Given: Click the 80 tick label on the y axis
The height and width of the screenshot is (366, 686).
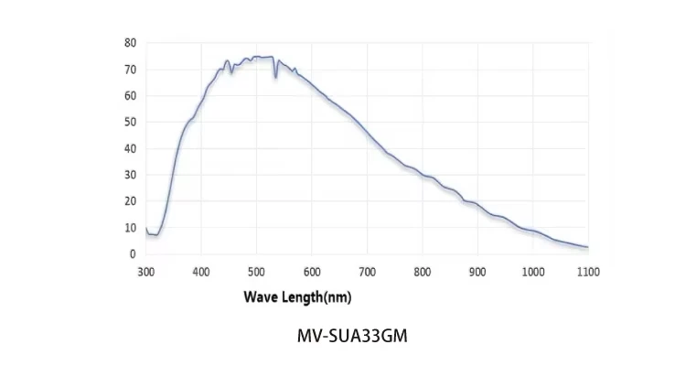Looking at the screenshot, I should pyautogui.click(x=130, y=43).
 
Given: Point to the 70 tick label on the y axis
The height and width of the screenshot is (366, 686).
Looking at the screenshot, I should pyautogui.click(x=130, y=70).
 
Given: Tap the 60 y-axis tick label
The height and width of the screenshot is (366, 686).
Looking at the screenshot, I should pyautogui.click(x=130, y=96).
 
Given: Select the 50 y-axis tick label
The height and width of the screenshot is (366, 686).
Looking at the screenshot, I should pyautogui.click(x=130, y=122).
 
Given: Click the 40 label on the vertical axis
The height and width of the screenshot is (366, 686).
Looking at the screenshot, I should pyautogui.click(x=130, y=148).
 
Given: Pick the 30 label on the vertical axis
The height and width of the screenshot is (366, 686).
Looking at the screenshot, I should pyautogui.click(x=130, y=175).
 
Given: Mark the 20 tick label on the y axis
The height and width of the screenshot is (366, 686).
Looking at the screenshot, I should pyautogui.click(x=130, y=201).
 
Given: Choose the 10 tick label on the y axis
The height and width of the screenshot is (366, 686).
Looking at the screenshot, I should pyautogui.click(x=130, y=228).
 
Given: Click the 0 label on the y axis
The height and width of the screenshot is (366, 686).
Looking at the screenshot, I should pyautogui.click(x=133, y=253).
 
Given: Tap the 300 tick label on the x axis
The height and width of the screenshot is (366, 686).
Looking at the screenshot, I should pyautogui.click(x=146, y=272).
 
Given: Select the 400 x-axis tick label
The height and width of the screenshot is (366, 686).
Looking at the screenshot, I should pyautogui.click(x=201, y=272).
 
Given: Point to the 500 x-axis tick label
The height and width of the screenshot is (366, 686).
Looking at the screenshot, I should pyautogui.click(x=257, y=272).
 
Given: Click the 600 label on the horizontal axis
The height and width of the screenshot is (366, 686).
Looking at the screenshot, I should pyautogui.click(x=312, y=272).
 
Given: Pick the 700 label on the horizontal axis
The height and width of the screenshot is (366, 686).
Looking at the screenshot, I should pyautogui.click(x=368, y=272).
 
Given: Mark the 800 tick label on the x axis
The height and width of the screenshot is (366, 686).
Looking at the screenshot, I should pyautogui.click(x=423, y=272).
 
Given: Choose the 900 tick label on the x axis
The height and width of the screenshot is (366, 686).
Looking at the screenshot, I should pyautogui.click(x=477, y=272).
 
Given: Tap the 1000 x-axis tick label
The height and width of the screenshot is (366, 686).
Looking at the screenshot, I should pyautogui.click(x=533, y=272).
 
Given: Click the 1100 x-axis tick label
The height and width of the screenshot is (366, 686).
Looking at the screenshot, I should pyautogui.click(x=588, y=272).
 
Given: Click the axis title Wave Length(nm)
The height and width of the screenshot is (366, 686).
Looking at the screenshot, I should pyautogui.click(x=297, y=296).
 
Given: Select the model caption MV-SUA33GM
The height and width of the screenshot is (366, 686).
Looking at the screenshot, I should pyautogui.click(x=352, y=336).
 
